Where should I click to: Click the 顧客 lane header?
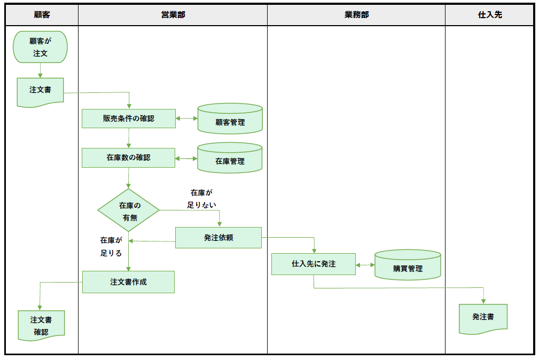pos(42,15)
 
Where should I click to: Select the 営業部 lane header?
pos(173,15)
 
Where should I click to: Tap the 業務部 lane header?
pos(356,15)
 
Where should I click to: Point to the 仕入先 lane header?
pos(489,15)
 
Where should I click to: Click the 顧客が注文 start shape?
pos(41,47)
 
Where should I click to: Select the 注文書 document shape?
pos(41,91)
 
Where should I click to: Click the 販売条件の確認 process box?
pos(129,119)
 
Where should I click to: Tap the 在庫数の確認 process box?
pos(128,158)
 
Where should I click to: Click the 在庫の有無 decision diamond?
pos(129,210)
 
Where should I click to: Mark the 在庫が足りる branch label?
pos(111,247)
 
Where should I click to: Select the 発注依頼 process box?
pos(218,238)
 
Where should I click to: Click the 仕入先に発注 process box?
pos(314,264)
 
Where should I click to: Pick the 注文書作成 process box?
pos(128,282)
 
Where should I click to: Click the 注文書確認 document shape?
pos(41,325)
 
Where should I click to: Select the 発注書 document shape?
pos(483,318)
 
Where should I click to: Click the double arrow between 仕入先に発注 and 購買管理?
pos(365,264)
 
